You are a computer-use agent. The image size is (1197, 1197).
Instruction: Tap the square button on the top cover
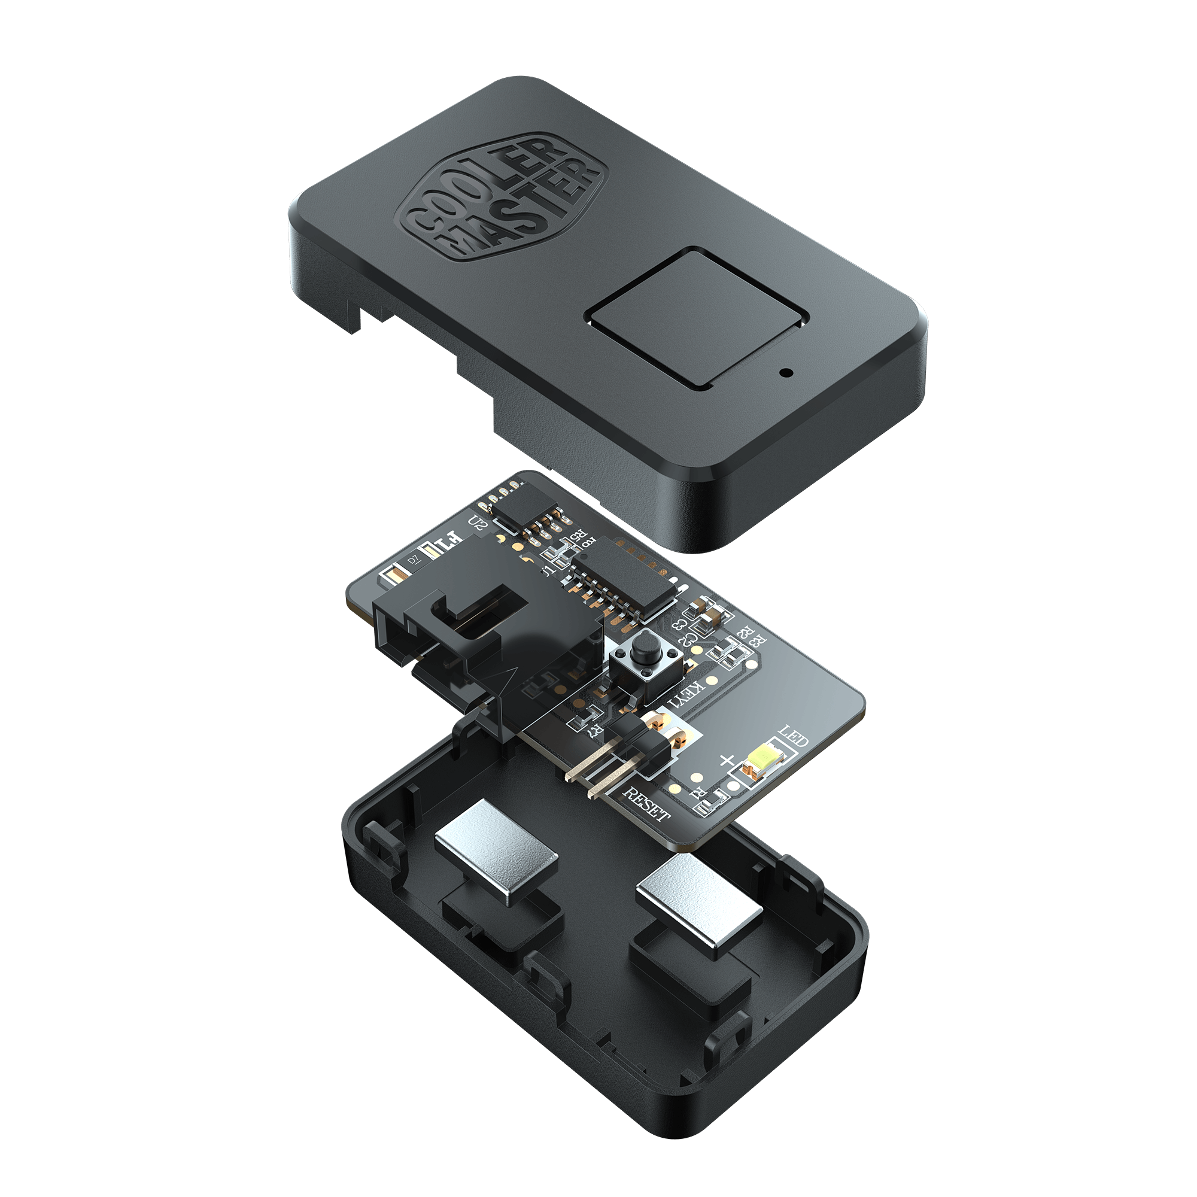tap(699, 318)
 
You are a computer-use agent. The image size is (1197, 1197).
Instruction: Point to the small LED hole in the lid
tap(786, 373)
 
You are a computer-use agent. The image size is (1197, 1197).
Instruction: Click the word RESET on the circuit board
tap(646, 804)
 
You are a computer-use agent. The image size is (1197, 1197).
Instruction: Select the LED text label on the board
tap(793, 736)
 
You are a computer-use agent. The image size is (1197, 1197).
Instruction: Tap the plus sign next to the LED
tap(727, 759)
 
